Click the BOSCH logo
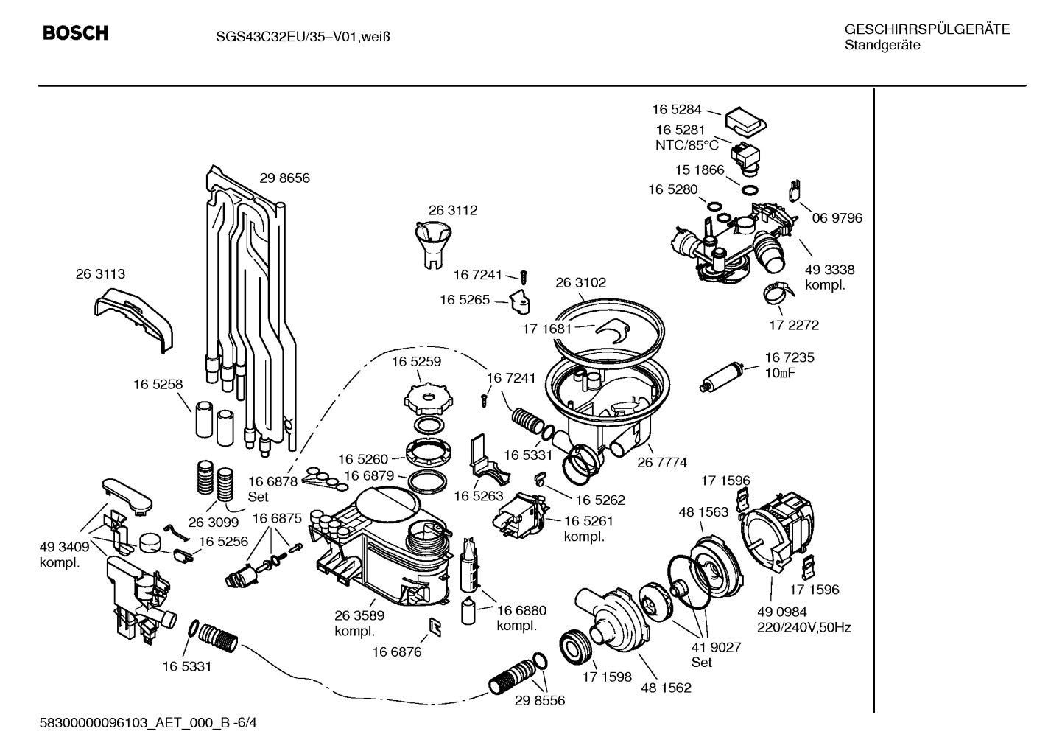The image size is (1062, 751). tap(75, 33)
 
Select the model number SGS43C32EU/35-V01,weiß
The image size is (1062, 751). tap(303, 37)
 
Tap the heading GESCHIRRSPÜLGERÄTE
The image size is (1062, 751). tap(927, 29)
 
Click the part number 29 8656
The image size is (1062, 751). tap(284, 178)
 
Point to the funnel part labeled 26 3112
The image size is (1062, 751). tap(432, 245)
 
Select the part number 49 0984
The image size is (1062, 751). tap(782, 612)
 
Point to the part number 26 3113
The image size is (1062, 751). tap(100, 273)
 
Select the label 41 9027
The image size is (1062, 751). tap(716, 647)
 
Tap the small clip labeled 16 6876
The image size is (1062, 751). tap(435, 626)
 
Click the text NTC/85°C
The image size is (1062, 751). tap(687, 145)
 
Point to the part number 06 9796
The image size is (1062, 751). tap(837, 217)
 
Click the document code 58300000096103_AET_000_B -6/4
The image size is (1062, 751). tap(148, 722)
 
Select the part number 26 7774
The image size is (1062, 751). tap(662, 462)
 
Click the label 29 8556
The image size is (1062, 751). tap(540, 700)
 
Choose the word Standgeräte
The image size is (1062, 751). tap(882, 46)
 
